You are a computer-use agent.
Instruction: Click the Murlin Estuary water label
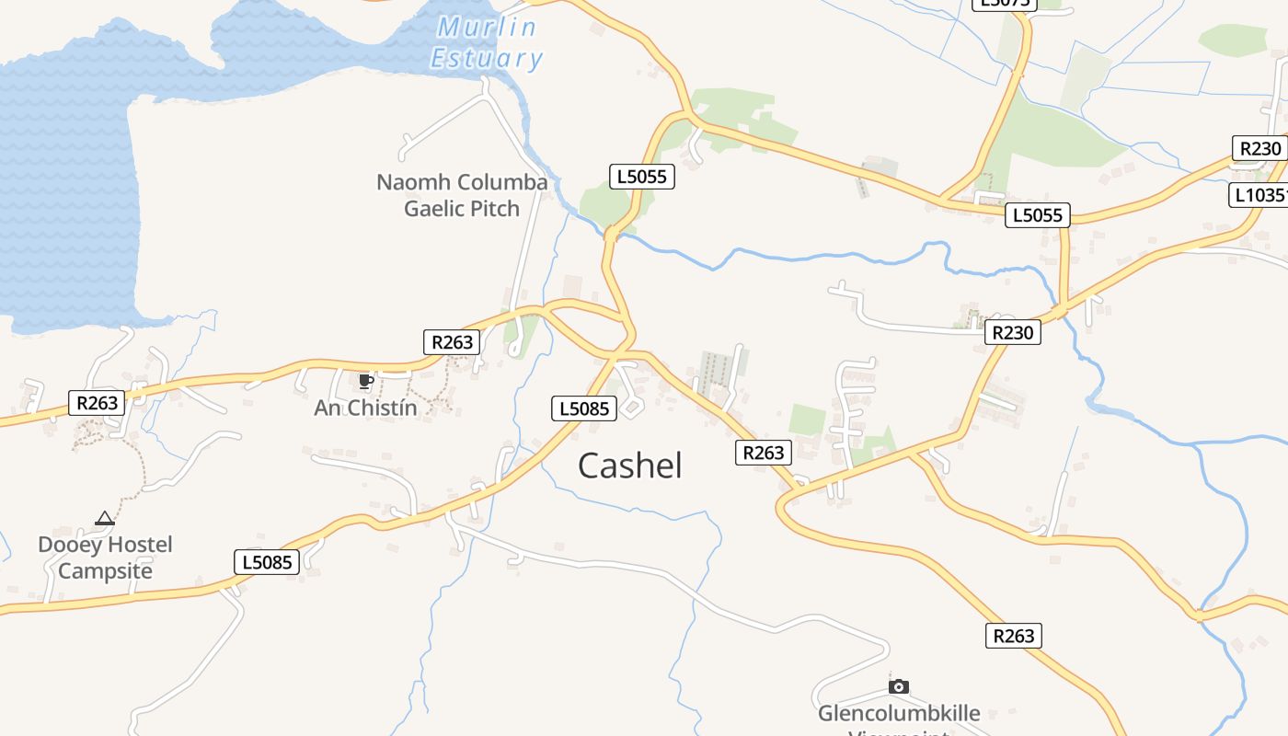(487, 43)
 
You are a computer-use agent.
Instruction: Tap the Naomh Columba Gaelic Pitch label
(462, 195)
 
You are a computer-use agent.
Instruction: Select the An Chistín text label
(365, 408)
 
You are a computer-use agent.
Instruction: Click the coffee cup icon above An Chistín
(365, 381)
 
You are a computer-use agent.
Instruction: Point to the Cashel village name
(630, 466)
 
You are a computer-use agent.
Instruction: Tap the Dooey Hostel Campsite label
(105, 558)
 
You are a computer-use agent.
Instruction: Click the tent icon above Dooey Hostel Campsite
(105, 519)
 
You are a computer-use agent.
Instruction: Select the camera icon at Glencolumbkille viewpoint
(899, 686)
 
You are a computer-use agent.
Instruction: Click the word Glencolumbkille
(899, 714)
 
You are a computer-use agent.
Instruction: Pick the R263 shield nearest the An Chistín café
(452, 342)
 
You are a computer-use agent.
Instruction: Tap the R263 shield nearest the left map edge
(97, 402)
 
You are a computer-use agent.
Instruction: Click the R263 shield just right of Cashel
(764, 452)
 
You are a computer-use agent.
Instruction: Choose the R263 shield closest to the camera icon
(1014, 635)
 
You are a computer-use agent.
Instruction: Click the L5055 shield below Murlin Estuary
(642, 177)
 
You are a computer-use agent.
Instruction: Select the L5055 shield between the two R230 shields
(1038, 215)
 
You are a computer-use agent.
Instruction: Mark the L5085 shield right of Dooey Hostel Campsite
(267, 562)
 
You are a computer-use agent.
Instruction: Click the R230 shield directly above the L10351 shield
(1259, 148)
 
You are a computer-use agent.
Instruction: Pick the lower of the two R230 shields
(1013, 332)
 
